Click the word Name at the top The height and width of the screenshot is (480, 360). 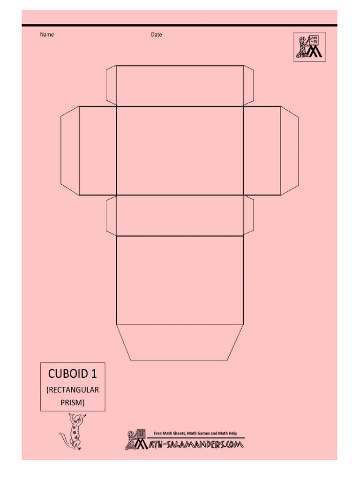tap(47, 35)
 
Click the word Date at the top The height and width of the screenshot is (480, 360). tap(157, 35)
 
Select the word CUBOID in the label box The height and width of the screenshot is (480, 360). tap(68, 374)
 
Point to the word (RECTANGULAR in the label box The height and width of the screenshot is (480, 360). tap(73, 390)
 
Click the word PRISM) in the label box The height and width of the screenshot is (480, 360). tap(73, 402)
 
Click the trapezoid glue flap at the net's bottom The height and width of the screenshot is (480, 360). tap(180, 342)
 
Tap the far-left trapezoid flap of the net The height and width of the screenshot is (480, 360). tap(70, 151)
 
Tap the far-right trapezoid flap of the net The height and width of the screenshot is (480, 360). tap(290, 151)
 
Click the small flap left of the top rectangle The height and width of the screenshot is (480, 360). tap(111, 86)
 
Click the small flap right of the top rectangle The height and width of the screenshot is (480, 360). tap(248, 86)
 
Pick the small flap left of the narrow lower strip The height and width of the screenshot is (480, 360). tap(111, 216)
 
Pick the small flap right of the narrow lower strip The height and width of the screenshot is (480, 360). tap(248, 216)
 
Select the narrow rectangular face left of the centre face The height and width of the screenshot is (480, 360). tap(97, 151)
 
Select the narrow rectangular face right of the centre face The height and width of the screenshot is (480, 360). tap(262, 151)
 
